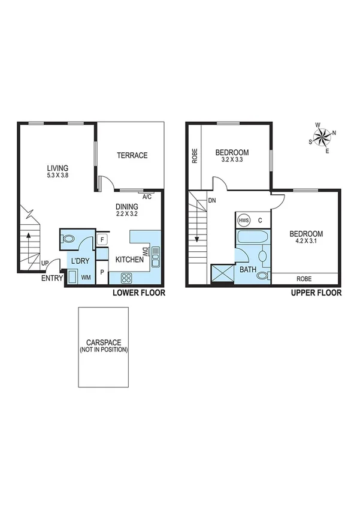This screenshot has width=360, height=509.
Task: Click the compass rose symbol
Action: coord(322,137)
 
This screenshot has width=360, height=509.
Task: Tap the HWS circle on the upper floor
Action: coord(244,220)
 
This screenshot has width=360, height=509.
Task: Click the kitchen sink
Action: coord(156,256)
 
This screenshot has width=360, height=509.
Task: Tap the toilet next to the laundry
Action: coord(69,239)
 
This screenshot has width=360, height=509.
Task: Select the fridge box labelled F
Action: coord(102,240)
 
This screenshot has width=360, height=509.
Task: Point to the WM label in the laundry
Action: coord(86,277)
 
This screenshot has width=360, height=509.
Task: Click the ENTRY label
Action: coord(52,278)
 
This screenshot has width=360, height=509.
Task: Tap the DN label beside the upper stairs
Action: coord(211,201)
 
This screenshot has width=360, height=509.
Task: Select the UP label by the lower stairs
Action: coord(45,263)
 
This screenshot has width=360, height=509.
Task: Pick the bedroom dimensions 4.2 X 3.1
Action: coord(306,241)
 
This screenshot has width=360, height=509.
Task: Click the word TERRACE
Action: coord(132,155)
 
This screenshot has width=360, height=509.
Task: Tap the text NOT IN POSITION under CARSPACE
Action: coord(104,350)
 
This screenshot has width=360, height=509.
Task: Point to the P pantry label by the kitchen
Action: coord(102,272)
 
